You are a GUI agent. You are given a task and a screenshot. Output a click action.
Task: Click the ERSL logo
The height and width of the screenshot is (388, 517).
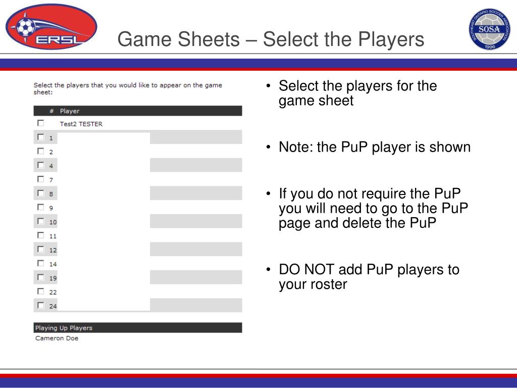pos(51,27)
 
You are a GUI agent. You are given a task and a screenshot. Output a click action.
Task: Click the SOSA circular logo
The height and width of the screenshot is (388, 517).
pos(490,29)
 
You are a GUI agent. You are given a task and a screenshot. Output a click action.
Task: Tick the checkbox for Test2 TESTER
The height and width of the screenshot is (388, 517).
pos(40,123)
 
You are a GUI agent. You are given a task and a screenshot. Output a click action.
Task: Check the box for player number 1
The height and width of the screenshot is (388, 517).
pos(40,137)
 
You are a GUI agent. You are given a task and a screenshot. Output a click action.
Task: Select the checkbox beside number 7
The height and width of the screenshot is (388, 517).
pos(40,179)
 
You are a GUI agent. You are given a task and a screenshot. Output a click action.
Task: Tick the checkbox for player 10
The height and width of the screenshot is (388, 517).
pos(40,221)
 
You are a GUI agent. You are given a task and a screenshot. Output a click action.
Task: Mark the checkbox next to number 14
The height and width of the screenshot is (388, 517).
pos(40,263)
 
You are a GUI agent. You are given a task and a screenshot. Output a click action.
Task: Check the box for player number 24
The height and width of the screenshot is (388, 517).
pos(40,305)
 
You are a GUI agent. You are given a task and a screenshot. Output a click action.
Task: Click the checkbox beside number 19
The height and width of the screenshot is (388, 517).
pos(40,277)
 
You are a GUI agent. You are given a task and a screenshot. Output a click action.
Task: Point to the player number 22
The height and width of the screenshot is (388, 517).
pos(53,293)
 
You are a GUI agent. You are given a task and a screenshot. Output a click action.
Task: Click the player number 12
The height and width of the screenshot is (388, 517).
pos(53,251)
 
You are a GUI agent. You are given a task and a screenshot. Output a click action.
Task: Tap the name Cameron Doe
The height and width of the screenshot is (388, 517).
pos(57,338)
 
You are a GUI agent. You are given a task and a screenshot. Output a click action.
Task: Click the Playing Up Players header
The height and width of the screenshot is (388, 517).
pos(138,327)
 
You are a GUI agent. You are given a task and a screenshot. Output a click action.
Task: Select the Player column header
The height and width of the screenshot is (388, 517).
pos(70,111)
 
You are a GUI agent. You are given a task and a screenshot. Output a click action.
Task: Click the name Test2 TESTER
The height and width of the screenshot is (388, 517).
pos(81,124)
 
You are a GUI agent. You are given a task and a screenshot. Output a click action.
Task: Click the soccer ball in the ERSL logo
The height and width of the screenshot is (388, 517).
pos(25,27)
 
